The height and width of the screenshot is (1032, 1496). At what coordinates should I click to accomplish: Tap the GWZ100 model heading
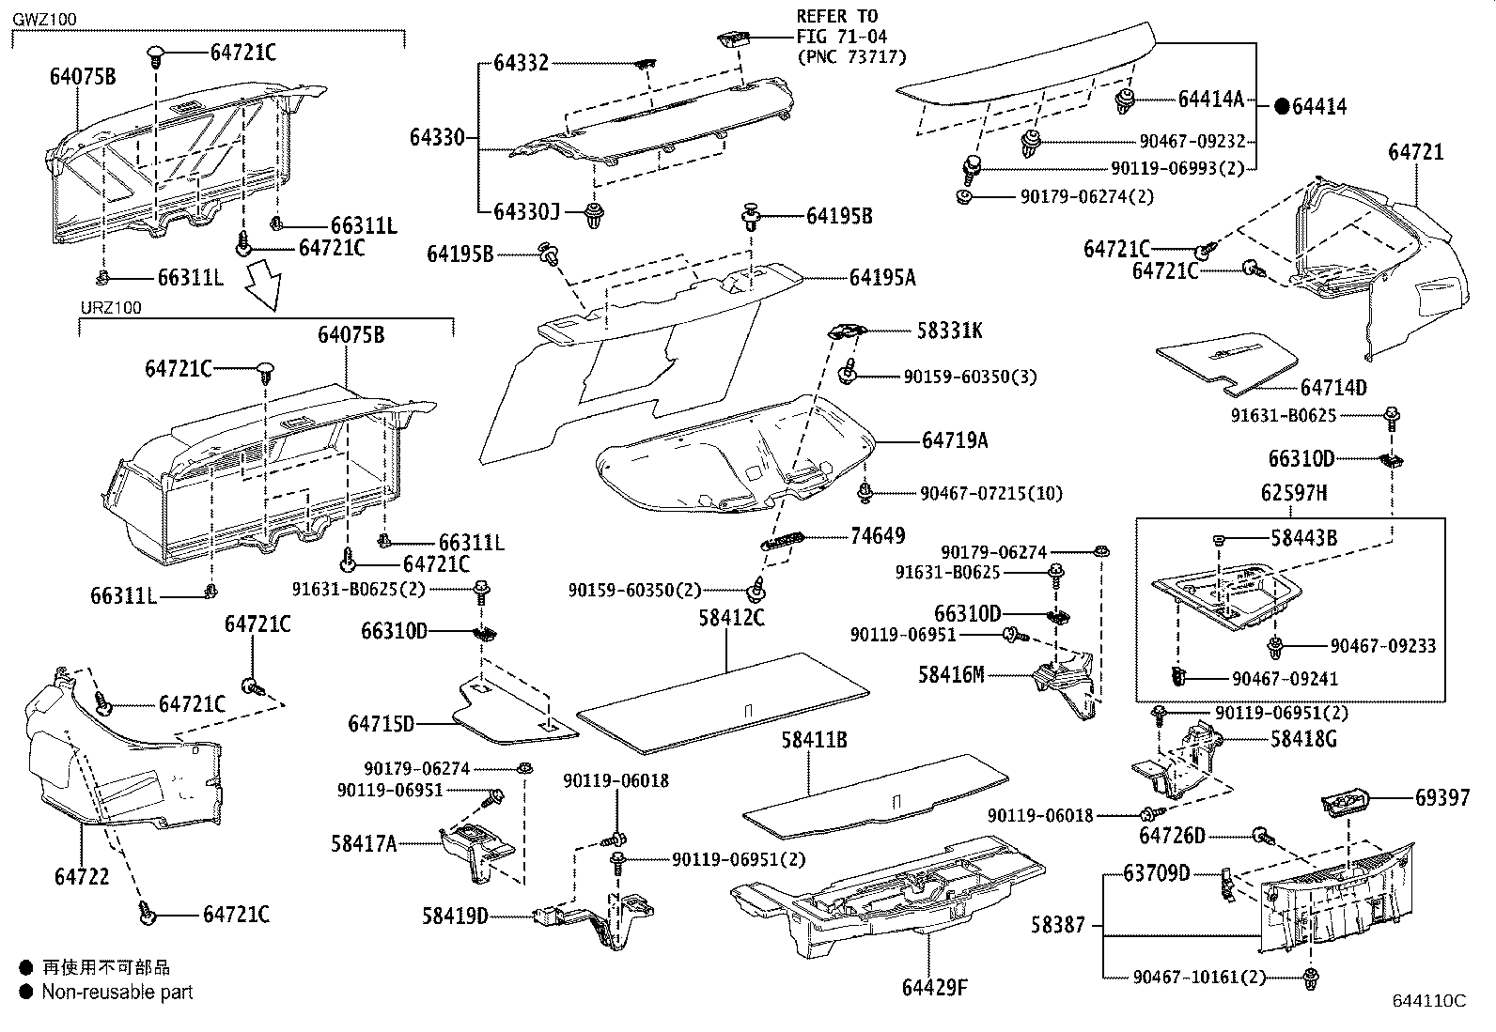tap(43, 20)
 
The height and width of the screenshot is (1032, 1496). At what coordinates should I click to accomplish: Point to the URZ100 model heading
tap(110, 308)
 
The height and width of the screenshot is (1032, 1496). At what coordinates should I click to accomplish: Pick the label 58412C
tap(732, 617)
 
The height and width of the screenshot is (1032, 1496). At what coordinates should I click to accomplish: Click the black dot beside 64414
tap(1282, 107)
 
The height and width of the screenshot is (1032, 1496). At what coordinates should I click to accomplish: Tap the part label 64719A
tap(954, 439)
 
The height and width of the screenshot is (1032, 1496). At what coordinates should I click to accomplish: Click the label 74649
tap(878, 535)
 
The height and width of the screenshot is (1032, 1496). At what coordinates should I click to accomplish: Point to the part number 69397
tap(1442, 797)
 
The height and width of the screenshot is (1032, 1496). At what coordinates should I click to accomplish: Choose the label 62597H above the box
tap(1294, 493)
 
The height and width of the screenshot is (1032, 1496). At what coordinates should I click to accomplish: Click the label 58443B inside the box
tap(1303, 538)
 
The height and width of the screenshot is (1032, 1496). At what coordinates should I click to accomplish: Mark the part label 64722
tap(82, 876)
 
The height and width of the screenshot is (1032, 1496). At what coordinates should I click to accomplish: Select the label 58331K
tap(950, 331)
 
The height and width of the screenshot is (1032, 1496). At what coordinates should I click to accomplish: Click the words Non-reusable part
tap(117, 992)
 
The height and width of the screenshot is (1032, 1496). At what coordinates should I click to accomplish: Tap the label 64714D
tap(1333, 388)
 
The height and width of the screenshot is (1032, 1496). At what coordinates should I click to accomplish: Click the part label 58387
tap(1058, 925)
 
